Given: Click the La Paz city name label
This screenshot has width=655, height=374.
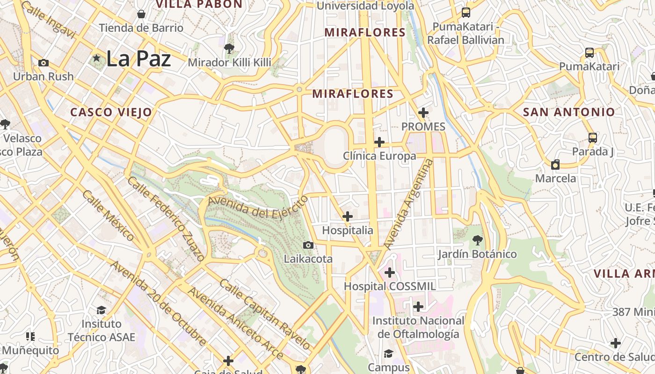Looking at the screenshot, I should (x=138, y=59).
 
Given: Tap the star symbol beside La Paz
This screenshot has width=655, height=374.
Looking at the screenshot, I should (x=97, y=58).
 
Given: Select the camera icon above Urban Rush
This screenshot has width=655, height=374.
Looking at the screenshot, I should (x=44, y=63).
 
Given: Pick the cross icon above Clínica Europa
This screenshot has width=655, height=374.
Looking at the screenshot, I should (x=379, y=142).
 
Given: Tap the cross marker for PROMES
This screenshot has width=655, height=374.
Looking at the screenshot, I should (x=423, y=113).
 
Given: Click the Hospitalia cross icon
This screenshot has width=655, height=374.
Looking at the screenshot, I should (x=348, y=216).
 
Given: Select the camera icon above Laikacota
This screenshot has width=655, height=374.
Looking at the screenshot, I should (x=308, y=245).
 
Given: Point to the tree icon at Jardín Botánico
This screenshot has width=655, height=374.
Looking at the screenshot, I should (x=477, y=240).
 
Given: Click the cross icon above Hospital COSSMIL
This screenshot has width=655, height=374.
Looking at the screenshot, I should (x=390, y=272).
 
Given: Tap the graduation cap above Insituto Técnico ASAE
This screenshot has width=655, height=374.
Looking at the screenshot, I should (x=101, y=310).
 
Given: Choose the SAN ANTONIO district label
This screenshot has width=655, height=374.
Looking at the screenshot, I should (x=568, y=112).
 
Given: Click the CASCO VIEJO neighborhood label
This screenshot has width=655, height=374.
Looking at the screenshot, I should (x=111, y=112).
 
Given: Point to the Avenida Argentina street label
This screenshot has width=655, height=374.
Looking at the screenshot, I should (x=408, y=204).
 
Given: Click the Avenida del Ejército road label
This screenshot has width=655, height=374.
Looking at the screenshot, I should (x=258, y=207).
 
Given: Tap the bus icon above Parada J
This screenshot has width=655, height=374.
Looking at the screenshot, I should (x=593, y=137).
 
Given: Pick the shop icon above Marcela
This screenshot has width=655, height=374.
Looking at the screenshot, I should (x=555, y=165).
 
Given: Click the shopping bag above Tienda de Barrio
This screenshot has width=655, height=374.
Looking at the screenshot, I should (x=141, y=14).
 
